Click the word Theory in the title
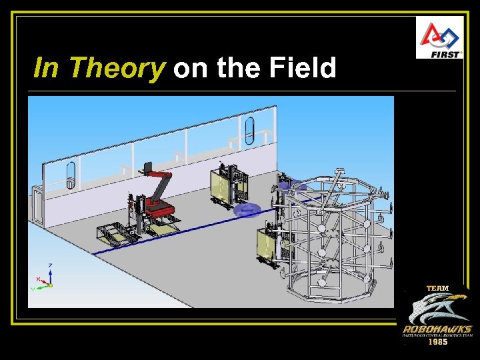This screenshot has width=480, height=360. pyautogui.click(x=116, y=68)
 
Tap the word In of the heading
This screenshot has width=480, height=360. pyautogui.click(x=46, y=68)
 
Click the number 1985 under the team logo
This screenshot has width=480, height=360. pyautogui.click(x=437, y=342)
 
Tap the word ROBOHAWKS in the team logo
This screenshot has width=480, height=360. pyautogui.click(x=437, y=329)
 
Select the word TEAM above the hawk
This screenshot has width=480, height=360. pyautogui.click(x=437, y=289)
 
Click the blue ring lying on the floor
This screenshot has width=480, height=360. pyautogui.click(x=247, y=211)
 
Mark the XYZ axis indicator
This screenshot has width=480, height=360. pyautogui.click(x=44, y=281)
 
